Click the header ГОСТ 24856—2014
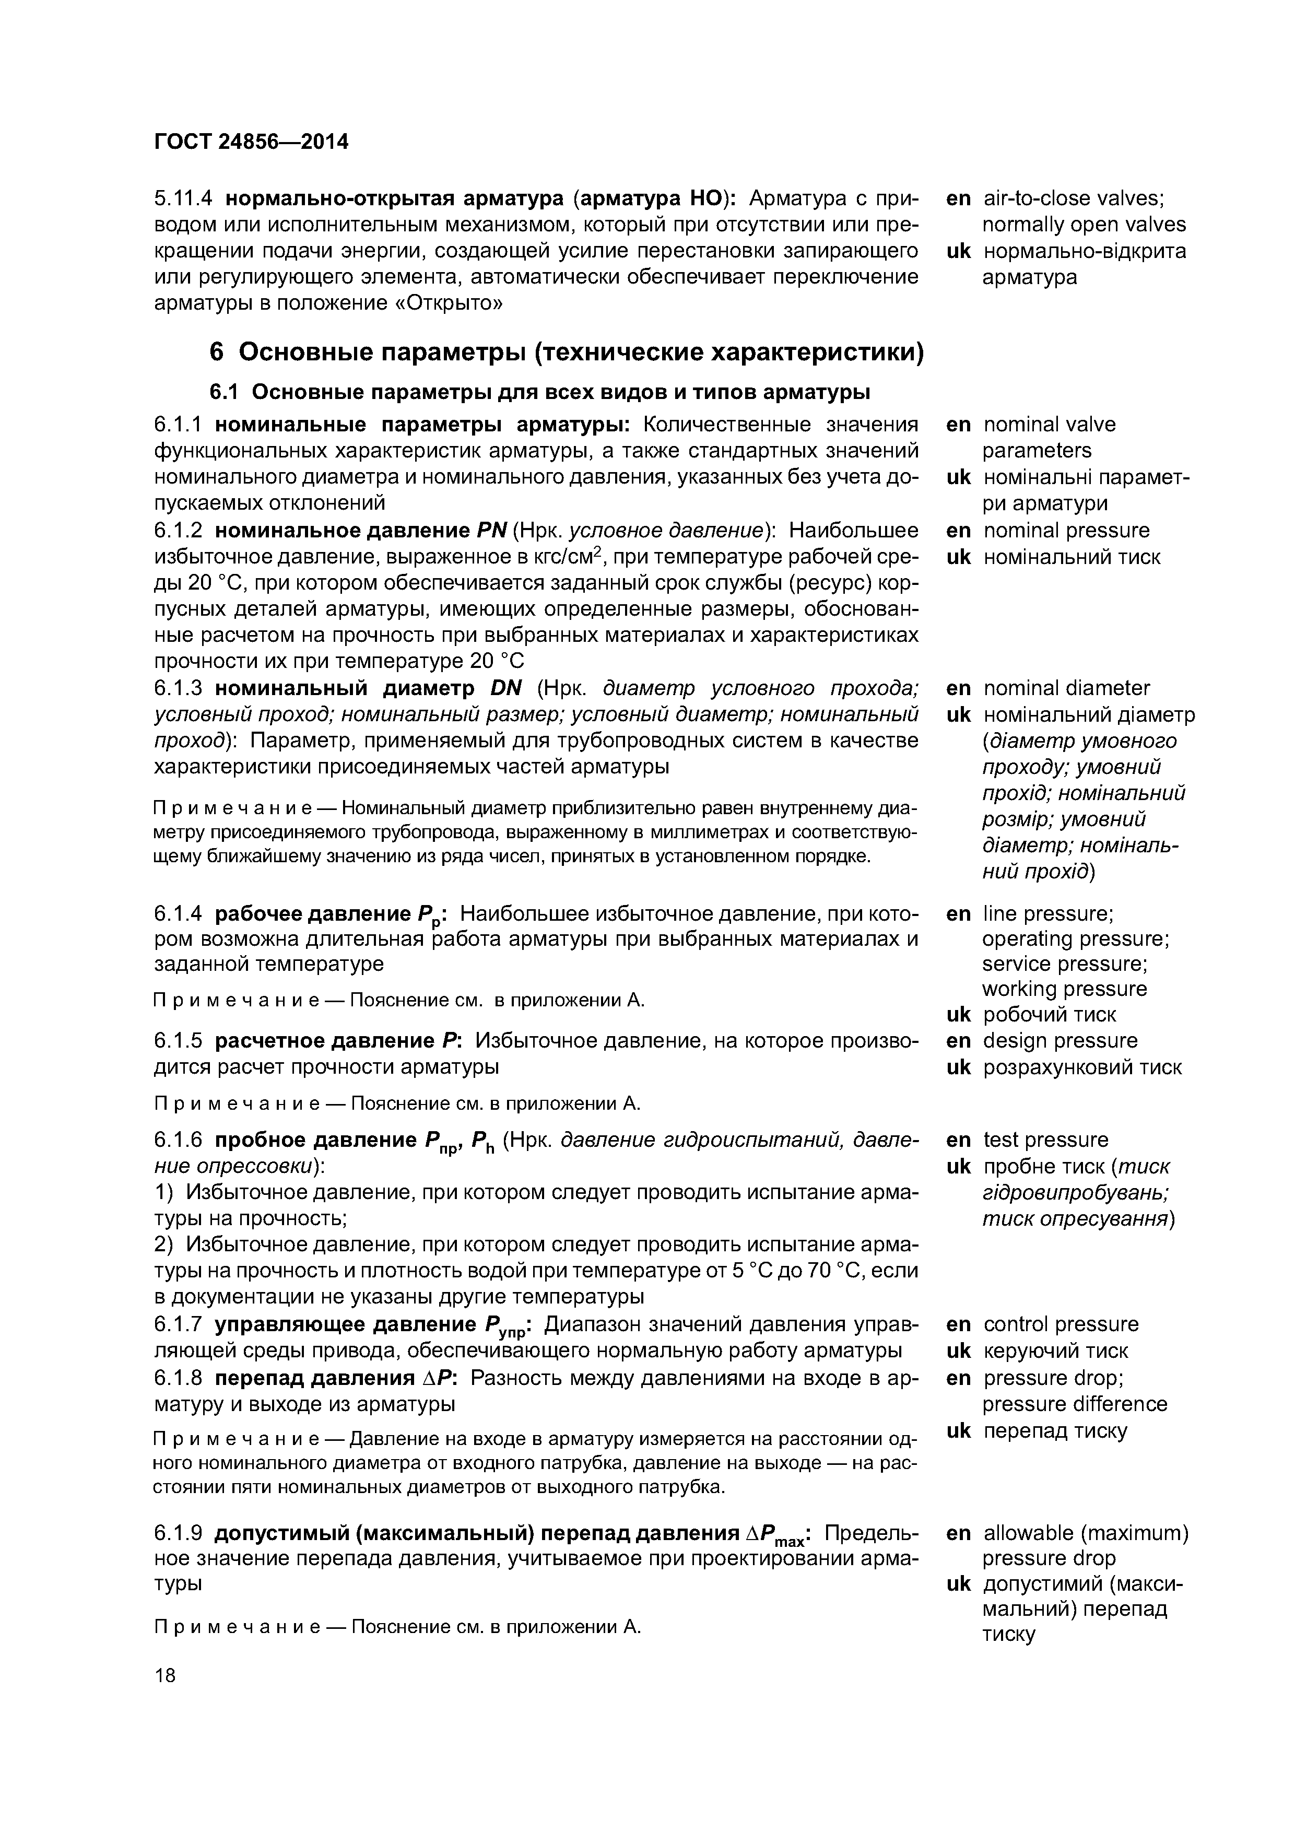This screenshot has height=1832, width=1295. pyautogui.click(x=251, y=142)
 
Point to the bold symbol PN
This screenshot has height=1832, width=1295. pyautogui.click(x=492, y=531)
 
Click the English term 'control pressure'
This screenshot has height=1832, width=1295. pyautogui.click(x=1061, y=1324)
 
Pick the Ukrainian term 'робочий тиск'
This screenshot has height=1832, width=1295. pyautogui.click(x=1049, y=1015)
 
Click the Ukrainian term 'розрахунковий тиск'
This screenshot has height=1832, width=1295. pyautogui.click(x=1082, y=1067)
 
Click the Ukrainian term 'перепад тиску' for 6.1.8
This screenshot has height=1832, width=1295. pyautogui.click(x=1055, y=1430)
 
